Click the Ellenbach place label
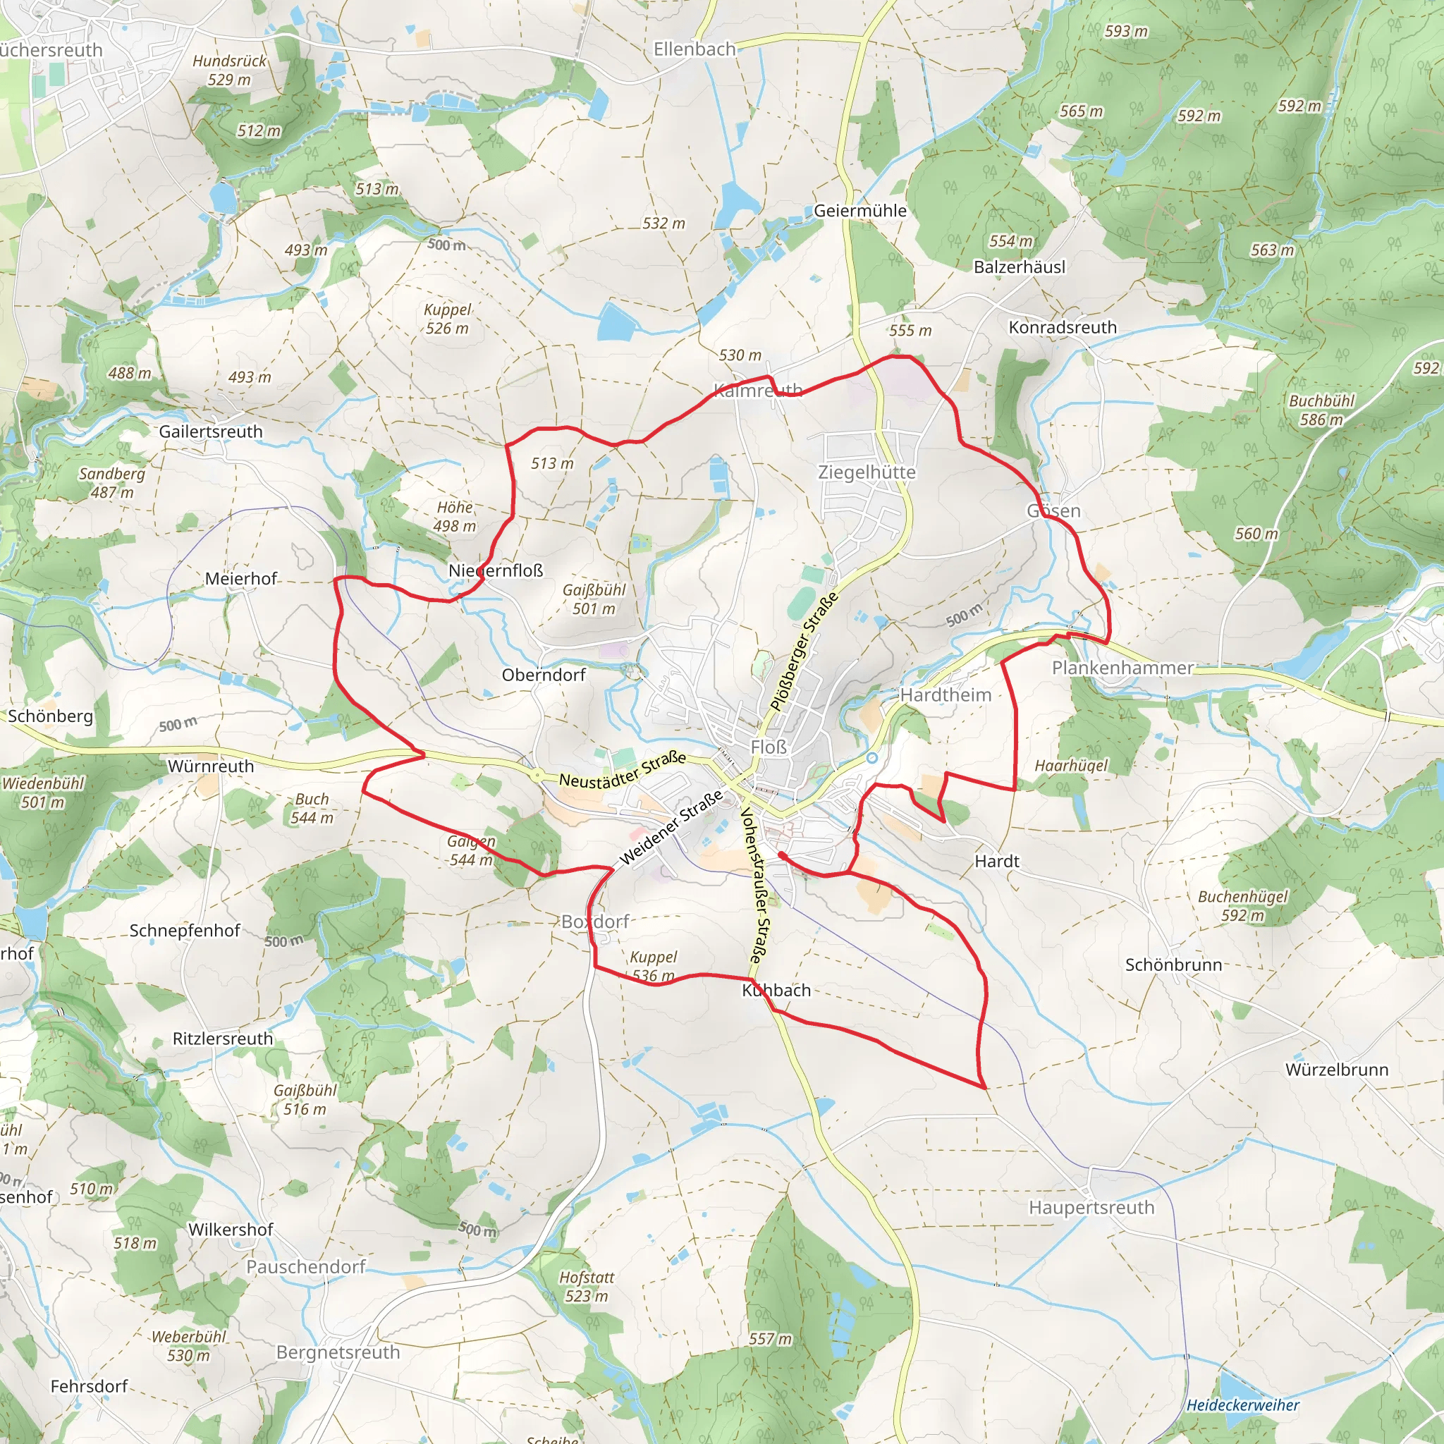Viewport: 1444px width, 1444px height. [x=695, y=49]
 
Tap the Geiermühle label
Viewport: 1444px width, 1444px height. [x=859, y=211]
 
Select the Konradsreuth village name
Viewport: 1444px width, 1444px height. [x=1062, y=327]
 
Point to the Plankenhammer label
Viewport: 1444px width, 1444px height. [x=1122, y=668]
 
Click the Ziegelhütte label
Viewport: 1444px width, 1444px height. [x=867, y=472]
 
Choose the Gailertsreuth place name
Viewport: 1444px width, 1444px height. [x=211, y=432]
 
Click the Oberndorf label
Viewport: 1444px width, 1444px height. [x=544, y=675]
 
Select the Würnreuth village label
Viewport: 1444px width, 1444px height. [x=211, y=766]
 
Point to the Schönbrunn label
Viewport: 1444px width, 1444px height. [x=1173, y=965]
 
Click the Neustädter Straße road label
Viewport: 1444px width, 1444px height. [x=623, y=769]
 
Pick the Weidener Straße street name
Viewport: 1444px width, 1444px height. [x=671, y=826]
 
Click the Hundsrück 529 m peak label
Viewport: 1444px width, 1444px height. [x=228, y=71]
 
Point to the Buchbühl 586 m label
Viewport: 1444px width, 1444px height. [x=1321, y=410]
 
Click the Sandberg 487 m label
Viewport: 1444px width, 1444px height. [x=112, y=483]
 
